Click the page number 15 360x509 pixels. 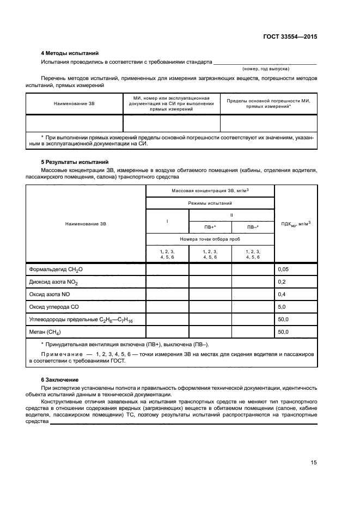click(x=313, y=463)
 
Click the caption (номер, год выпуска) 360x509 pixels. click(x=265, y=69)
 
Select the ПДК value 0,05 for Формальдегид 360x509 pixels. click(x=283, y=269)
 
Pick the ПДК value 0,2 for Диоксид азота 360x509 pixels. click(x=282, y=282)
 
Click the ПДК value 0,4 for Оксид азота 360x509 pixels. click(x=282, y=295)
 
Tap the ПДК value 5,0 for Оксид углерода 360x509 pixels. click(x=282, y=307)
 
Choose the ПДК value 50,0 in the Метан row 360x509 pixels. click(x=283, y=332)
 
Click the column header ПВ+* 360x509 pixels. click(x=210, y=227)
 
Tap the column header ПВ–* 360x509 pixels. click(x=253, y=227)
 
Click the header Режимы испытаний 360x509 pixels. click(x=210, y=202)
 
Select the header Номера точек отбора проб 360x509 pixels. click(x=210, y=239)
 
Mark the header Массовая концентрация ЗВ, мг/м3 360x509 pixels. click(x=210, y=190)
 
